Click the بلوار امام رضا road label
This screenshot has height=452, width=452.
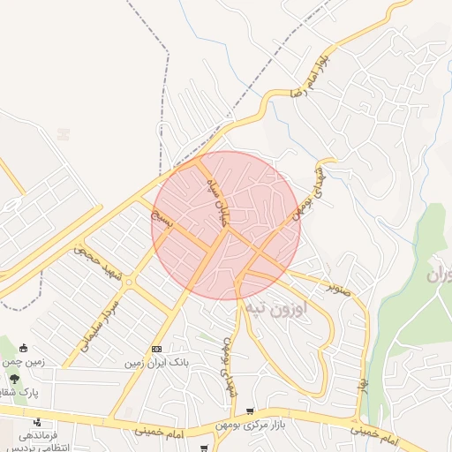pos(305,75)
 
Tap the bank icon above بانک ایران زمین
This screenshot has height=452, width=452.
pos(156,348)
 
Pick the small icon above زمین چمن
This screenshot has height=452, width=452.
pos(22,348)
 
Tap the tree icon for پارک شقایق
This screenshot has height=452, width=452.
pos(15,379)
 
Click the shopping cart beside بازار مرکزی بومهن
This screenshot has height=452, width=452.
pos(251,411)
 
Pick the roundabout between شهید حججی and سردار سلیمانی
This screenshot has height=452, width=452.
pos(130,282)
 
